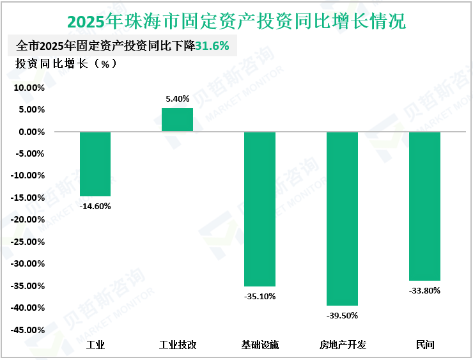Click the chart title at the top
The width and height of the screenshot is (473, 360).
236,21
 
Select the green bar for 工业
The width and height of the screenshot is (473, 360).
95,164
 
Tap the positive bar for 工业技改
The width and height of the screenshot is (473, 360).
177,120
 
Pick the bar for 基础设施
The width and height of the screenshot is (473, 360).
260,208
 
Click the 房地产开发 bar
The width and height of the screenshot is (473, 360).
342,218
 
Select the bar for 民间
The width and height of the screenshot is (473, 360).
424,206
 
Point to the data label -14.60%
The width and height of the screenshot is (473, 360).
95,206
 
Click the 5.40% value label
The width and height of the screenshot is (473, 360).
177,98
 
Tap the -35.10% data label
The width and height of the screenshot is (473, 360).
260,296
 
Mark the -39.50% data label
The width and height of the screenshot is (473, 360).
342,315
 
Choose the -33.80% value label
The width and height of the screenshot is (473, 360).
424,290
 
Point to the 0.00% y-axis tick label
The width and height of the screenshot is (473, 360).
31,132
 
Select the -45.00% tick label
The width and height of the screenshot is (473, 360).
27,330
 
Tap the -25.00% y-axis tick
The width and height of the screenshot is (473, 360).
27,242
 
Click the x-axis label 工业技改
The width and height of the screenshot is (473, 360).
177,345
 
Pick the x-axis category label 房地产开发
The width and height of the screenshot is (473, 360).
342,345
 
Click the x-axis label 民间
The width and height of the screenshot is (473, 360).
424,345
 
